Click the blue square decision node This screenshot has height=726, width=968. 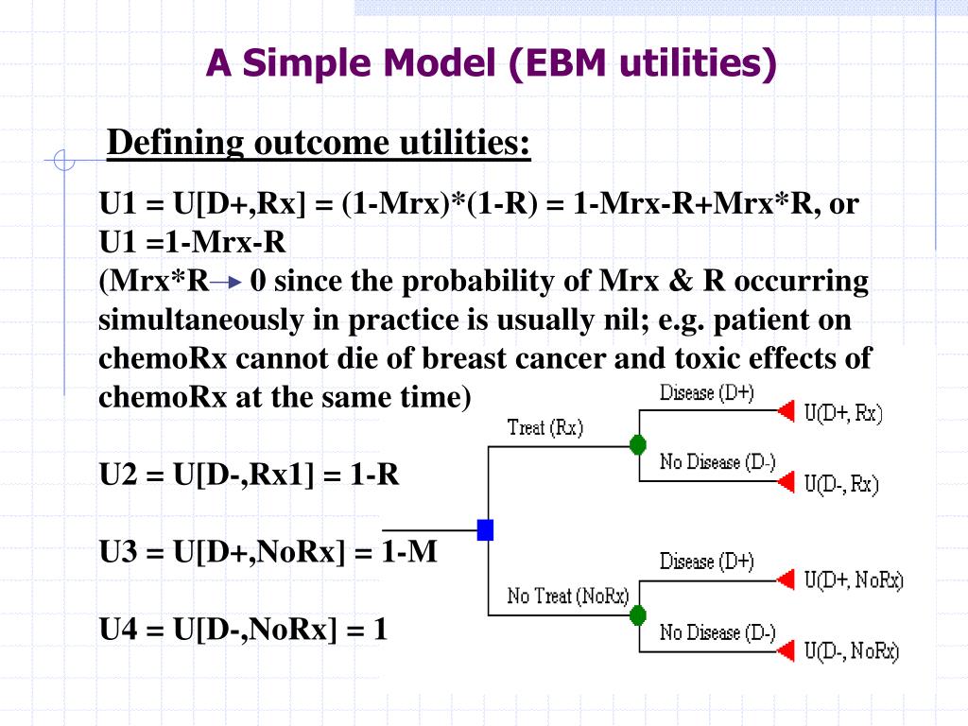point(485,529)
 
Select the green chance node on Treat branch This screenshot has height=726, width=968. point(637,444)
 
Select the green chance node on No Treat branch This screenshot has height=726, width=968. point(637,615)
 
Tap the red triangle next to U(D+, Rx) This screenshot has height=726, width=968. point(785,411)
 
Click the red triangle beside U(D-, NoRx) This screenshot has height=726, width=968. point(785,651)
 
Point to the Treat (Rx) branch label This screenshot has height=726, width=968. point(545,427)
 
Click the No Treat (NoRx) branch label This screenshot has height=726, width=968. point(567,596)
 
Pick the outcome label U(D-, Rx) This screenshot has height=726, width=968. point(841,485)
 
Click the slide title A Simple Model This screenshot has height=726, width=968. point(492,63)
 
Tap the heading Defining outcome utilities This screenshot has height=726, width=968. point(319,144)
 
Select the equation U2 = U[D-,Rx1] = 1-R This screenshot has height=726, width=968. point(250,475)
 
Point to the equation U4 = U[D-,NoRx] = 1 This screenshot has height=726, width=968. point(244,629)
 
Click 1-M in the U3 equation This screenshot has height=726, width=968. point(409,551)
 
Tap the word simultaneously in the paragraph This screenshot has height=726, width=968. point(195,320)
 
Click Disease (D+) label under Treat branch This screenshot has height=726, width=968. point(706,392)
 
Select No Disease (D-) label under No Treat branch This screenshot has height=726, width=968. point(717,632)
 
